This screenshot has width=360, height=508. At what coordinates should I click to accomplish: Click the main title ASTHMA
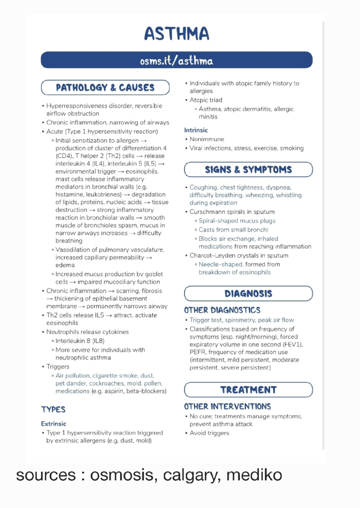pos(176,34)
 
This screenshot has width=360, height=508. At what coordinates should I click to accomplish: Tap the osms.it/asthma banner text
pos(176,61)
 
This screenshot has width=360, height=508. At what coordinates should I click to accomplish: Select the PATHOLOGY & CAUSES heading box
pos(105,88)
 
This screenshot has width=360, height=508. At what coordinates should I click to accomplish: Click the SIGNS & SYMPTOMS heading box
pos(248,170)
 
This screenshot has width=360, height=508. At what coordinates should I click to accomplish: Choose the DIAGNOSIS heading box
pos(248,294)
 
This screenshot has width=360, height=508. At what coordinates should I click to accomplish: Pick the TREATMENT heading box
pos(248,390)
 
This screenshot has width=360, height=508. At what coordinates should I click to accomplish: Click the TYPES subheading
pos(53,410)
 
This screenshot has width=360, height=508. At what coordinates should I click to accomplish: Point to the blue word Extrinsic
pos(53,424)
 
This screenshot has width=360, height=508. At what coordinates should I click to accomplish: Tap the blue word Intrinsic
pos(196,130)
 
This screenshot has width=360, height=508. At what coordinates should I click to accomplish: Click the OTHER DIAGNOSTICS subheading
pos(222,310)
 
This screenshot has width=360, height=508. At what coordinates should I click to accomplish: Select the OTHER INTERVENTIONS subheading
pos(227,406)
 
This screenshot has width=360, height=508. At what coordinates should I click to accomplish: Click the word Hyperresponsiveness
pos(76,106)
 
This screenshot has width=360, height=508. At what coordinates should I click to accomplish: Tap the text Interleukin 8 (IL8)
pos(80,341)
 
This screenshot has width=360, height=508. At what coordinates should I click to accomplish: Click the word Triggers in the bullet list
pos(58,367)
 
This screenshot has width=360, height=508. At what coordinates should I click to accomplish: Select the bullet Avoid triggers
pos(209,433)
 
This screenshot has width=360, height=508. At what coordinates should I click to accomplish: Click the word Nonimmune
pos(207,139)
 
